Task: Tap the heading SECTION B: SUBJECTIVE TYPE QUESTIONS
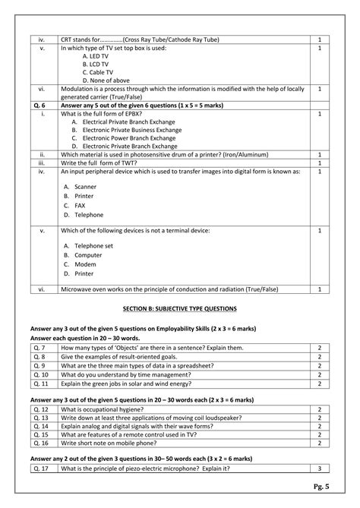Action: (x=180, y=308)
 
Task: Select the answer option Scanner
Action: (x=85, y=186)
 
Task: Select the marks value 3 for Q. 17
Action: (x=321, y=468)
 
